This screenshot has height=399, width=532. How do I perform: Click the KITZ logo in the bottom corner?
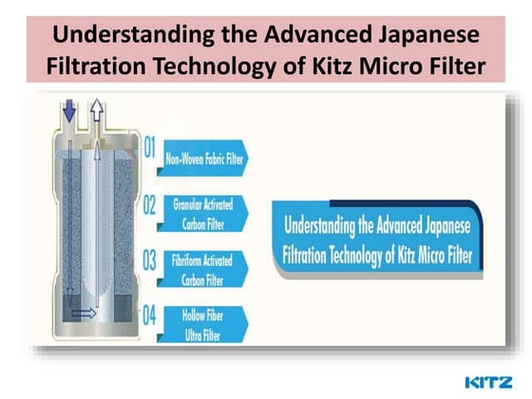click(x=493, y=382)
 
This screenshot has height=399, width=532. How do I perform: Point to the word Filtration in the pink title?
click(x=121, y=67)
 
